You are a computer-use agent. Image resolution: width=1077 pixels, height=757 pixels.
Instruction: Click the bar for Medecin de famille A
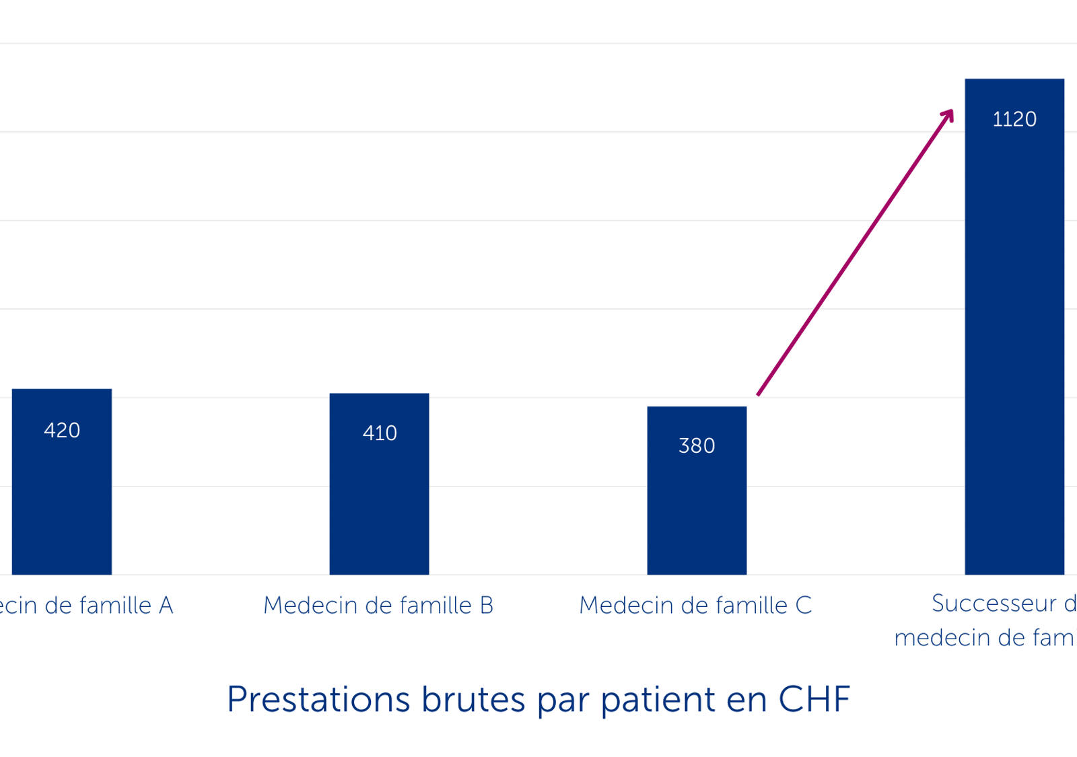pyautogui.click(x=62, y=498)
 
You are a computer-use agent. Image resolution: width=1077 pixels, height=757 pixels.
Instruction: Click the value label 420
pyautogui.click(x=62, y=430)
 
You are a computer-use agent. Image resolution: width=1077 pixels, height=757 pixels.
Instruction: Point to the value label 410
pyautogui.click(x=380, y=433)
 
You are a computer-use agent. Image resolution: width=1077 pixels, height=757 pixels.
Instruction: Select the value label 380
pyautogui.click(x=697, y=445)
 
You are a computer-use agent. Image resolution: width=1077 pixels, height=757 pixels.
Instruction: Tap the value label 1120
pyautogui.click(x=1014, y=119)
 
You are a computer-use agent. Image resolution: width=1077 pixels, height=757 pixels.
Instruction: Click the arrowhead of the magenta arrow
pyautogui.click(x=949, y=114)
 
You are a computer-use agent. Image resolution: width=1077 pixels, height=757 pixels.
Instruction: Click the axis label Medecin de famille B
pyautogui.click(x=378, y=605)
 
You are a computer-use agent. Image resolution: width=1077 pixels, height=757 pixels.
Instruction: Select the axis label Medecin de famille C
pyautogui.click(x=695, y=605)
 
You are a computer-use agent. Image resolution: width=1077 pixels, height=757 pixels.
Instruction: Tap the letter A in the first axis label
pyautogui.click(x=166, y=605)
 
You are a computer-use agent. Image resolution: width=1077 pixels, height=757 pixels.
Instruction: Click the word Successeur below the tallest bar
pyautogui.click(x=994, y=603)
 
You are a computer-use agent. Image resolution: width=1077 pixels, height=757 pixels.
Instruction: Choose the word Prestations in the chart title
pyautogui.click(x=318, y=699)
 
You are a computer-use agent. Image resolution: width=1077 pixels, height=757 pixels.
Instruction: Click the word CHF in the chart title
pyautogui.click(x=814, y=699)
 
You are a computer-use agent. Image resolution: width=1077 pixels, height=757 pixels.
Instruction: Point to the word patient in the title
pyautogui.click(x=658, y=699)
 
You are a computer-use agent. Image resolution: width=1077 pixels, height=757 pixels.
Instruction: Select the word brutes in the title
pyautogui.click(x=473, y=699)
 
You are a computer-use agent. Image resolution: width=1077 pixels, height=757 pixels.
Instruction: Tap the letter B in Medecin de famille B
pyautogui.click(x=487, y=605)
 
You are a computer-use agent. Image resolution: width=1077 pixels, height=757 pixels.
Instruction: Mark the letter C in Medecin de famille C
pyautogui.click(x=804, y=605)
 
